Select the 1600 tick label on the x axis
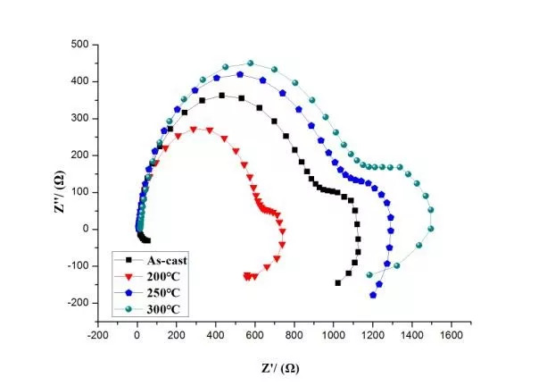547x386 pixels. pos(450,336)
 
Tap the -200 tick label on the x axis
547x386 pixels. pos(98,336)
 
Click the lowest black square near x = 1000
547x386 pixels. pos(338,282)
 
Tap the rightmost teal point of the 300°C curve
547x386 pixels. pos(431,211)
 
